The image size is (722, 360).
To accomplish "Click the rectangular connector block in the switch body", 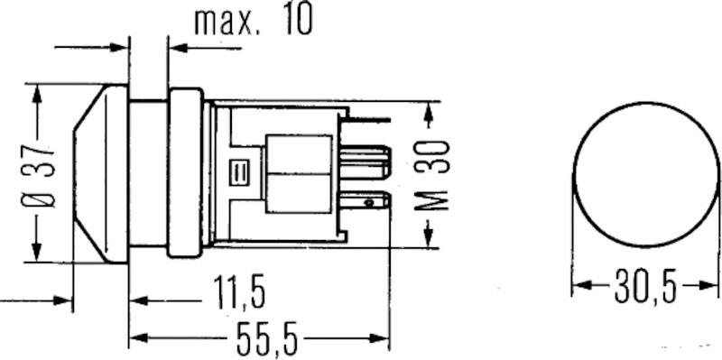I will coord(298,172).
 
